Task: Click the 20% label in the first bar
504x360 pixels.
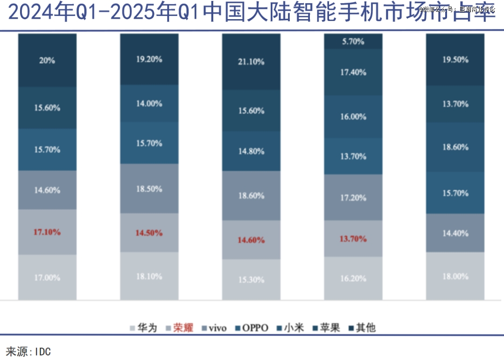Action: pyautogui.click(x=47, y=60)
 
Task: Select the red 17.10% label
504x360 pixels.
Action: pyautogui.click(x=47, y=232)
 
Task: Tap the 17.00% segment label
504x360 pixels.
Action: pyautogui.click(x=47, y=277)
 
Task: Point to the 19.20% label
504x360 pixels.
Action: pyautogui.click(x=149, y=59)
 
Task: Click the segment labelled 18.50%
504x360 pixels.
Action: pyautogui.click(x=149, y=189)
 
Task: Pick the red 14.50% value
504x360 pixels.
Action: pyautogui.click(x=149, y=233)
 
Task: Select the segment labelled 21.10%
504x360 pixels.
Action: pyautogui.click(x=251, y=62)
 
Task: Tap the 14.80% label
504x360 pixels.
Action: pyautogui.click(x=251, y=151)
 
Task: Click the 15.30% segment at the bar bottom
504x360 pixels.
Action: pyautogui.click(x=251, y=280)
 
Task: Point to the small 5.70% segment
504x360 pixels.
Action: pyautogui.click(x=353, y=41)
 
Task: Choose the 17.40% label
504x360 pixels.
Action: pyautogui.click(x=353, y=72)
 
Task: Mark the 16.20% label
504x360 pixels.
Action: pyautogui.click(x=353, y=278)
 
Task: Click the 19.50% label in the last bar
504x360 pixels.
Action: pyautogui.click(x=455, y=60)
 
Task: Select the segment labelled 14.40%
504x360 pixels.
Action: pyautogui.click(x=455, y=233)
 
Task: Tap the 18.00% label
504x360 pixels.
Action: pyautogui.click(x=455, y=276)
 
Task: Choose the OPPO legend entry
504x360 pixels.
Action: pyautogui.click(x=255, y=328)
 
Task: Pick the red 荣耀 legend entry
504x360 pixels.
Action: pyautogui.click(x=183, y=328)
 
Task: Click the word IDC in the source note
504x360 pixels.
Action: pyautogui.click(x=42, y=352)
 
